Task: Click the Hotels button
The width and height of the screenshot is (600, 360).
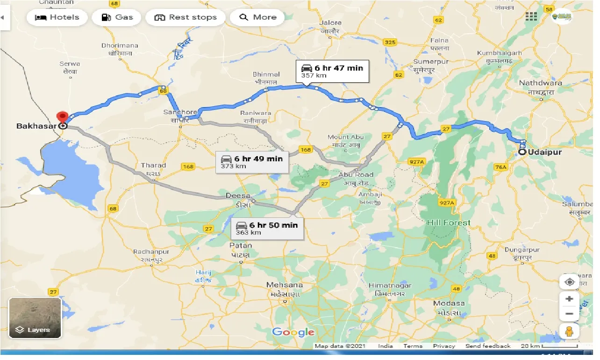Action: (x=57, y=17)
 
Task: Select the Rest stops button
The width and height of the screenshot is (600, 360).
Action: (x=186, y=17)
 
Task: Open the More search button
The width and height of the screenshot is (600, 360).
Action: (x=258, y=17)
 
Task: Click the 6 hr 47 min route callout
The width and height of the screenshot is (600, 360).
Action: (x=332, y=72)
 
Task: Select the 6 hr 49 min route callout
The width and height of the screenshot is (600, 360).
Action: (x=252, y=162)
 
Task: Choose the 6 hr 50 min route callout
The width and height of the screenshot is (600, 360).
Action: (x=267, y=228)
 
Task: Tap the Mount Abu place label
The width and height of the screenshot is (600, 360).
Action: (x=345, y=137)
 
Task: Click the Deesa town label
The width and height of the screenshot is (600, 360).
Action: (x=238, y=195)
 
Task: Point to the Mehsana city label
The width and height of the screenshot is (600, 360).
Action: (x=285, y=285)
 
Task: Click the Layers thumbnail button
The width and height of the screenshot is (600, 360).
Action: (x=35, y=318)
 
